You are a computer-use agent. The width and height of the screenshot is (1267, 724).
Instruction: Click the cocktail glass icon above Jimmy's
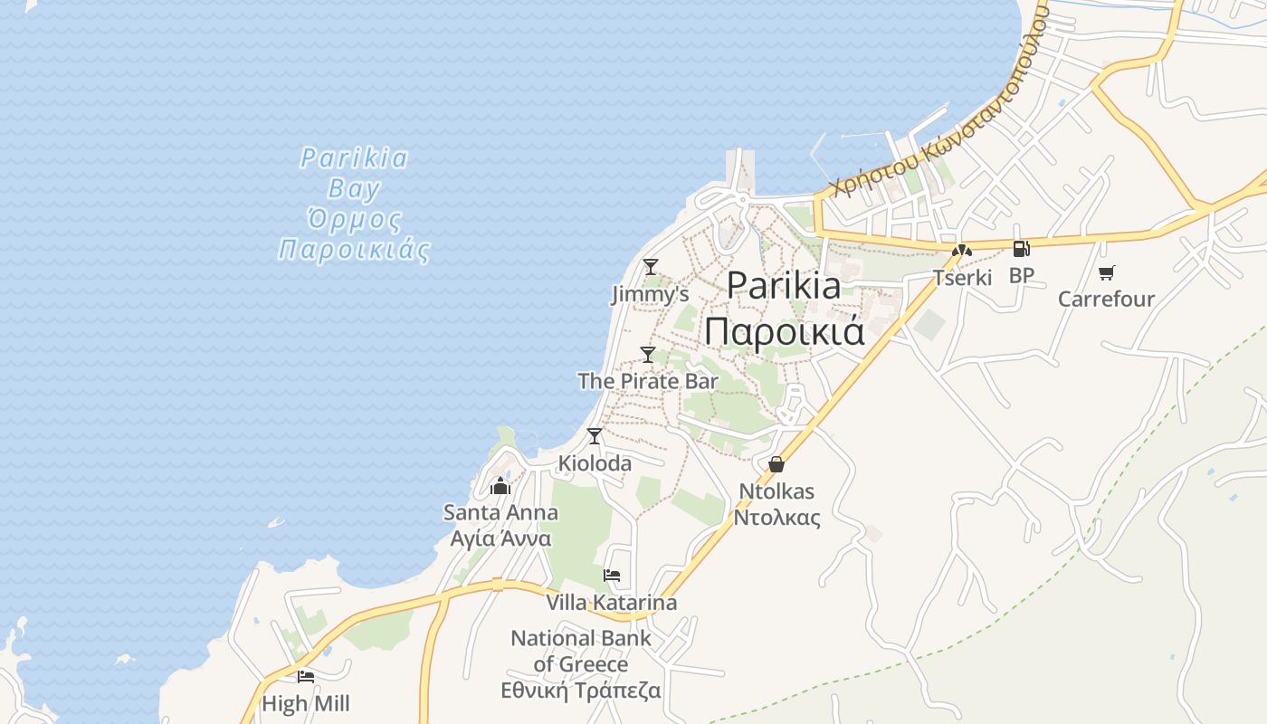coord(650,267)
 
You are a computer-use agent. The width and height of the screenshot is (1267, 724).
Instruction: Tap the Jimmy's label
coord(650,294)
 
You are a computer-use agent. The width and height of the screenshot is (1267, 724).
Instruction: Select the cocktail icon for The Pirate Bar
coord(647,354)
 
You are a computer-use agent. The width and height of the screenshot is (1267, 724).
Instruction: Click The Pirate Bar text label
coord(648,381)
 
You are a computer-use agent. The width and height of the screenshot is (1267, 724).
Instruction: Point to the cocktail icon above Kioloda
coord(594,436)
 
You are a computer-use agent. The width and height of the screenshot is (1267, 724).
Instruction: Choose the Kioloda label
coord(595,463)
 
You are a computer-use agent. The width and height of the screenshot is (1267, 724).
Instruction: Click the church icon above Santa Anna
coord(500,486)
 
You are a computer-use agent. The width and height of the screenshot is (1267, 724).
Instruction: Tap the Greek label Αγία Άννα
coord(500,538)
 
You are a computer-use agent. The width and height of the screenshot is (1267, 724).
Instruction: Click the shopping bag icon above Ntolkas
coord(776,464)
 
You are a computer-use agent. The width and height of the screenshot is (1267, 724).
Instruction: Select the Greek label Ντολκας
coord(776,518)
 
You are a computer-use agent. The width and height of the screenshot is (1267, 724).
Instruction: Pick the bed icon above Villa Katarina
coord(612,576)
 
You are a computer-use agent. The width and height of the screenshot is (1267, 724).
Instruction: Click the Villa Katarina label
coord(611,603)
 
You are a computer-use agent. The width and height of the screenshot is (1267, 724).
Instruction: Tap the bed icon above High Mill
coord(306,676)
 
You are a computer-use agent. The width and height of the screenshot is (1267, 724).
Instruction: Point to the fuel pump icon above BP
coord(1021,249)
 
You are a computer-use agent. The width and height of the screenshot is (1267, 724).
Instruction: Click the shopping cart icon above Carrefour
coord(1106,272)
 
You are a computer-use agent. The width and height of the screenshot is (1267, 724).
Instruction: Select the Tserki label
coord(963,278)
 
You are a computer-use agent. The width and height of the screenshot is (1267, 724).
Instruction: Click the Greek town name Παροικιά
coord(785,332)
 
